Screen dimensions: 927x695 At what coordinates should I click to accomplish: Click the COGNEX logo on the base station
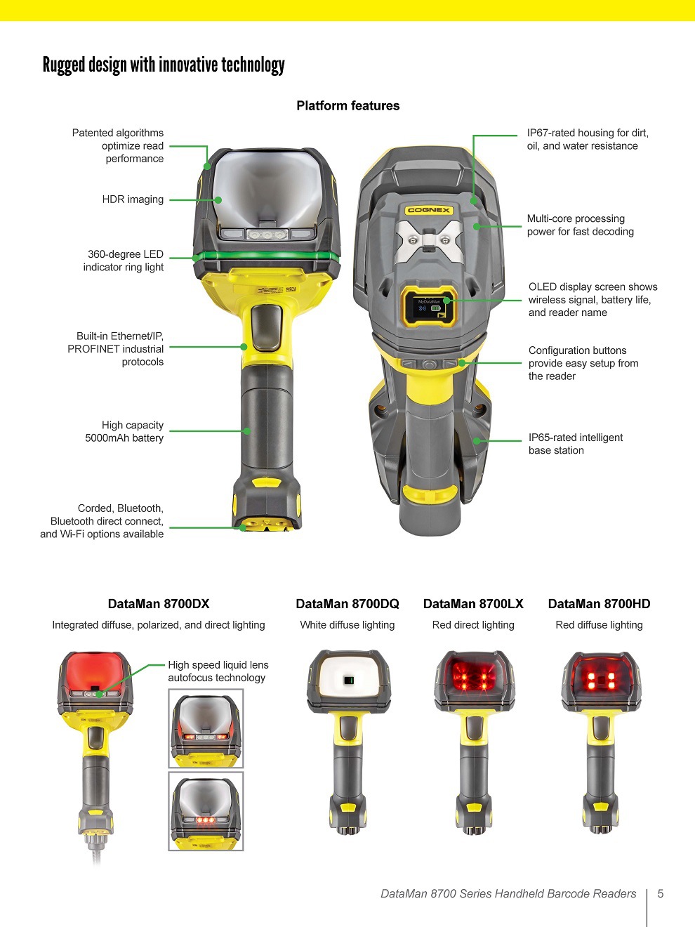[x=429, y=210]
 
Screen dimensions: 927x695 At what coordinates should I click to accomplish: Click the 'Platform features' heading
[x=347, y=106]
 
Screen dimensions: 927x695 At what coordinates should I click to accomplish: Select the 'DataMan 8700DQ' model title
[x=347, y=604]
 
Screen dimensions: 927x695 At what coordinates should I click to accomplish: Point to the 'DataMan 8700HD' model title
[x=599, y=604]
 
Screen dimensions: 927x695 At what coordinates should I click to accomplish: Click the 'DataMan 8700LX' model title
[x=473, y=604]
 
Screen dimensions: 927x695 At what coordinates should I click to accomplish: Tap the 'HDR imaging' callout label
[x=133, y=199]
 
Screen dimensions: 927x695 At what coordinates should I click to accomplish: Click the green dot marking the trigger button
[x=244, y=347]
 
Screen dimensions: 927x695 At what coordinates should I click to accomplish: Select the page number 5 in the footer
[x=660, y=894]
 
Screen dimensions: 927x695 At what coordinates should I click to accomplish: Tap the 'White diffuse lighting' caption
[x=347, y=625]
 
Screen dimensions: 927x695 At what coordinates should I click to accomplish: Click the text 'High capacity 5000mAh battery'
[x=125, y=431]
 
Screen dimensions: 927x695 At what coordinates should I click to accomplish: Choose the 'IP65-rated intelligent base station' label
[x=575, y=444]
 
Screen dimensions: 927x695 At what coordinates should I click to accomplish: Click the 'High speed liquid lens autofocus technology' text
[x=218, y=671]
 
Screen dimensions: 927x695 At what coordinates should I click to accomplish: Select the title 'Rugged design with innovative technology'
[x=164, y=65]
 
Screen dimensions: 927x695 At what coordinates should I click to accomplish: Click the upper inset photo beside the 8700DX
[x=206, y=728]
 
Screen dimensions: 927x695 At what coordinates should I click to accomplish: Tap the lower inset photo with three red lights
[x=206, y=811]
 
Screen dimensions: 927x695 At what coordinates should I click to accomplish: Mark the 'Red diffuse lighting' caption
[x=599, y=625]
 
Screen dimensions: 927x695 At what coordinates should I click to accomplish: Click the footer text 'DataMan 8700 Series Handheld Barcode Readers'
[x=508, y=894]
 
